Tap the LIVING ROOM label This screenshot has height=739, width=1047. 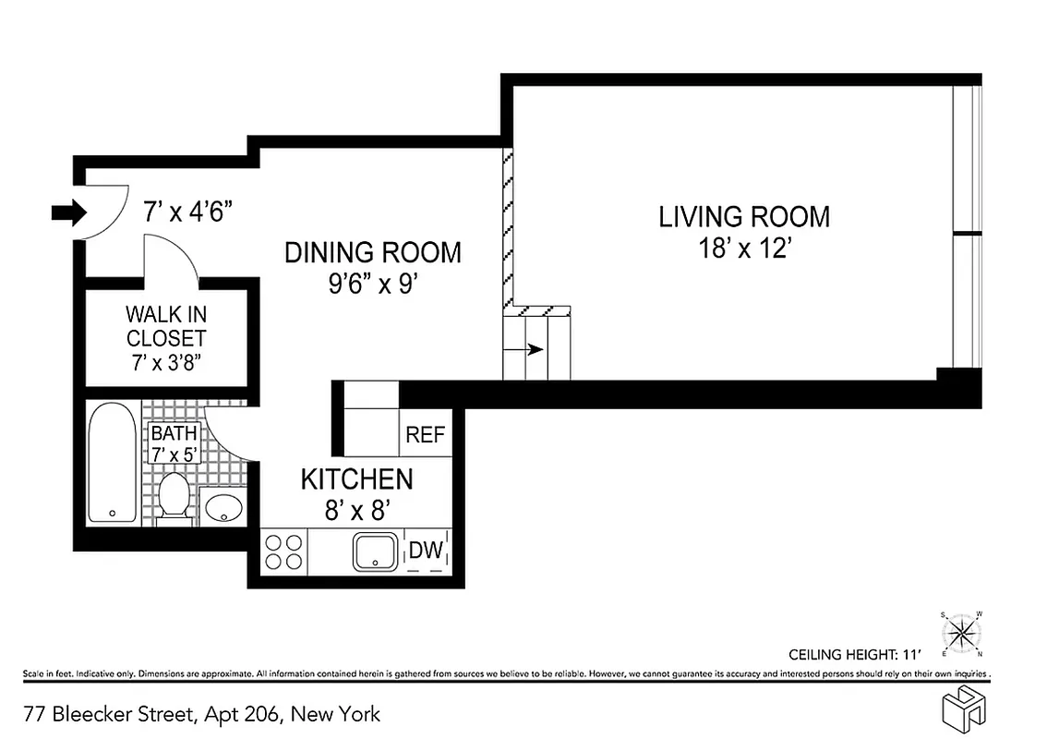coord(743,217)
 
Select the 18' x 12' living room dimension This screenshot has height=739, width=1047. coord(743,250)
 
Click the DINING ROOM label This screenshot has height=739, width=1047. coord(372,252)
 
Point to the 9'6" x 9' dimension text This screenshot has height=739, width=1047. coord(372,284)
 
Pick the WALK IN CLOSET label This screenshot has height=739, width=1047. coord(166,326)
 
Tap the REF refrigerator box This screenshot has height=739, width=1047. coord(426,435)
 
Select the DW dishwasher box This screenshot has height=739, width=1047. coord(427,551)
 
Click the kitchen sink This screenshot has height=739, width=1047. coord(377,551)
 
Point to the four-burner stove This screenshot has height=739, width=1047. coord(283,551)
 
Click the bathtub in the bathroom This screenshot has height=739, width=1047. coord(112,463)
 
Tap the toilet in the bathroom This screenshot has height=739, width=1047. coord(174,498)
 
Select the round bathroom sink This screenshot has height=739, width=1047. coord(222,506)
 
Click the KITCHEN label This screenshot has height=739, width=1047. coord(356,479)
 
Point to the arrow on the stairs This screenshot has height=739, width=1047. coord(534,350)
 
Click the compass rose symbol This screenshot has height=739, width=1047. coord(961,633)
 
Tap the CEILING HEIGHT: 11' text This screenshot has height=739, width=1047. coord(855,654)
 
